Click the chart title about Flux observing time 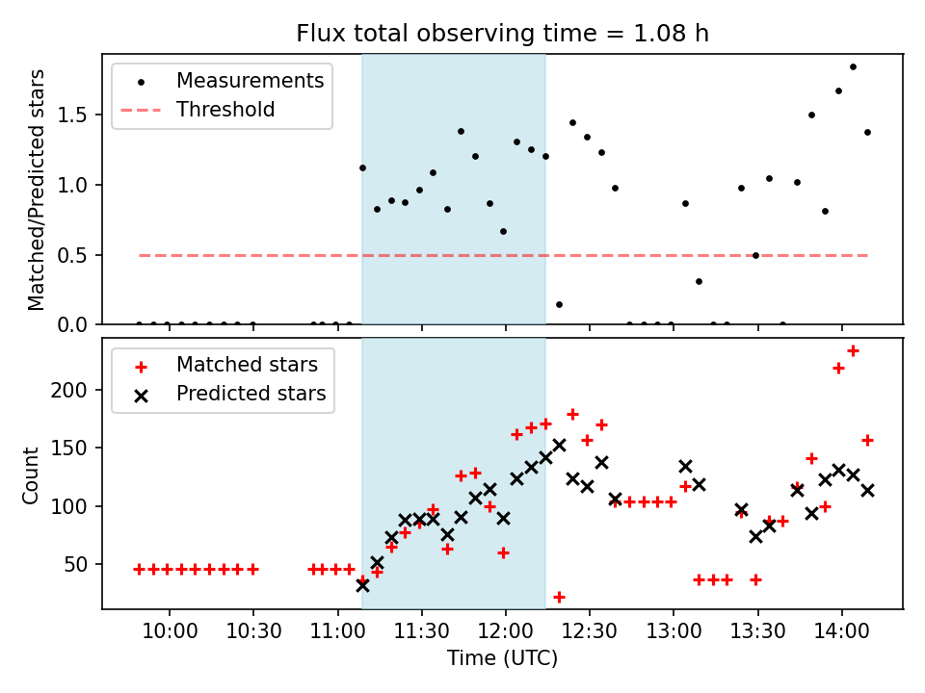click(x=502, y=35)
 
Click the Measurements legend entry click(x=250, y=81)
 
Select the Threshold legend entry click(x=225, y=110)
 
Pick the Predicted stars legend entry click(x=251, y=394)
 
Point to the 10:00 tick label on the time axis click(x=170, y=631)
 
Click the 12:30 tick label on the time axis click(x=589, y=631)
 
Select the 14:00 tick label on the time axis click(x=842, y=631)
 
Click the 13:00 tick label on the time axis click(x=673, y=631)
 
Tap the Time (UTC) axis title click(x=502, y=659)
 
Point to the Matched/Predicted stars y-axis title click(x=37, y=190)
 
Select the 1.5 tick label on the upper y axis click(x=79, y=115)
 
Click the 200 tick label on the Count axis click(x=75, y=390)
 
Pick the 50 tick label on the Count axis click(x=79, y=564)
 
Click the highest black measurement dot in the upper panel click(x=853, y=66)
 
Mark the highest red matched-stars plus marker click(x=853, y=351)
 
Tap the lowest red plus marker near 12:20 click(x=559, y=597)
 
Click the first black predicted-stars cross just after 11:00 click(x=362, y=584)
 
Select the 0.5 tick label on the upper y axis click(x=79, y=255)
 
